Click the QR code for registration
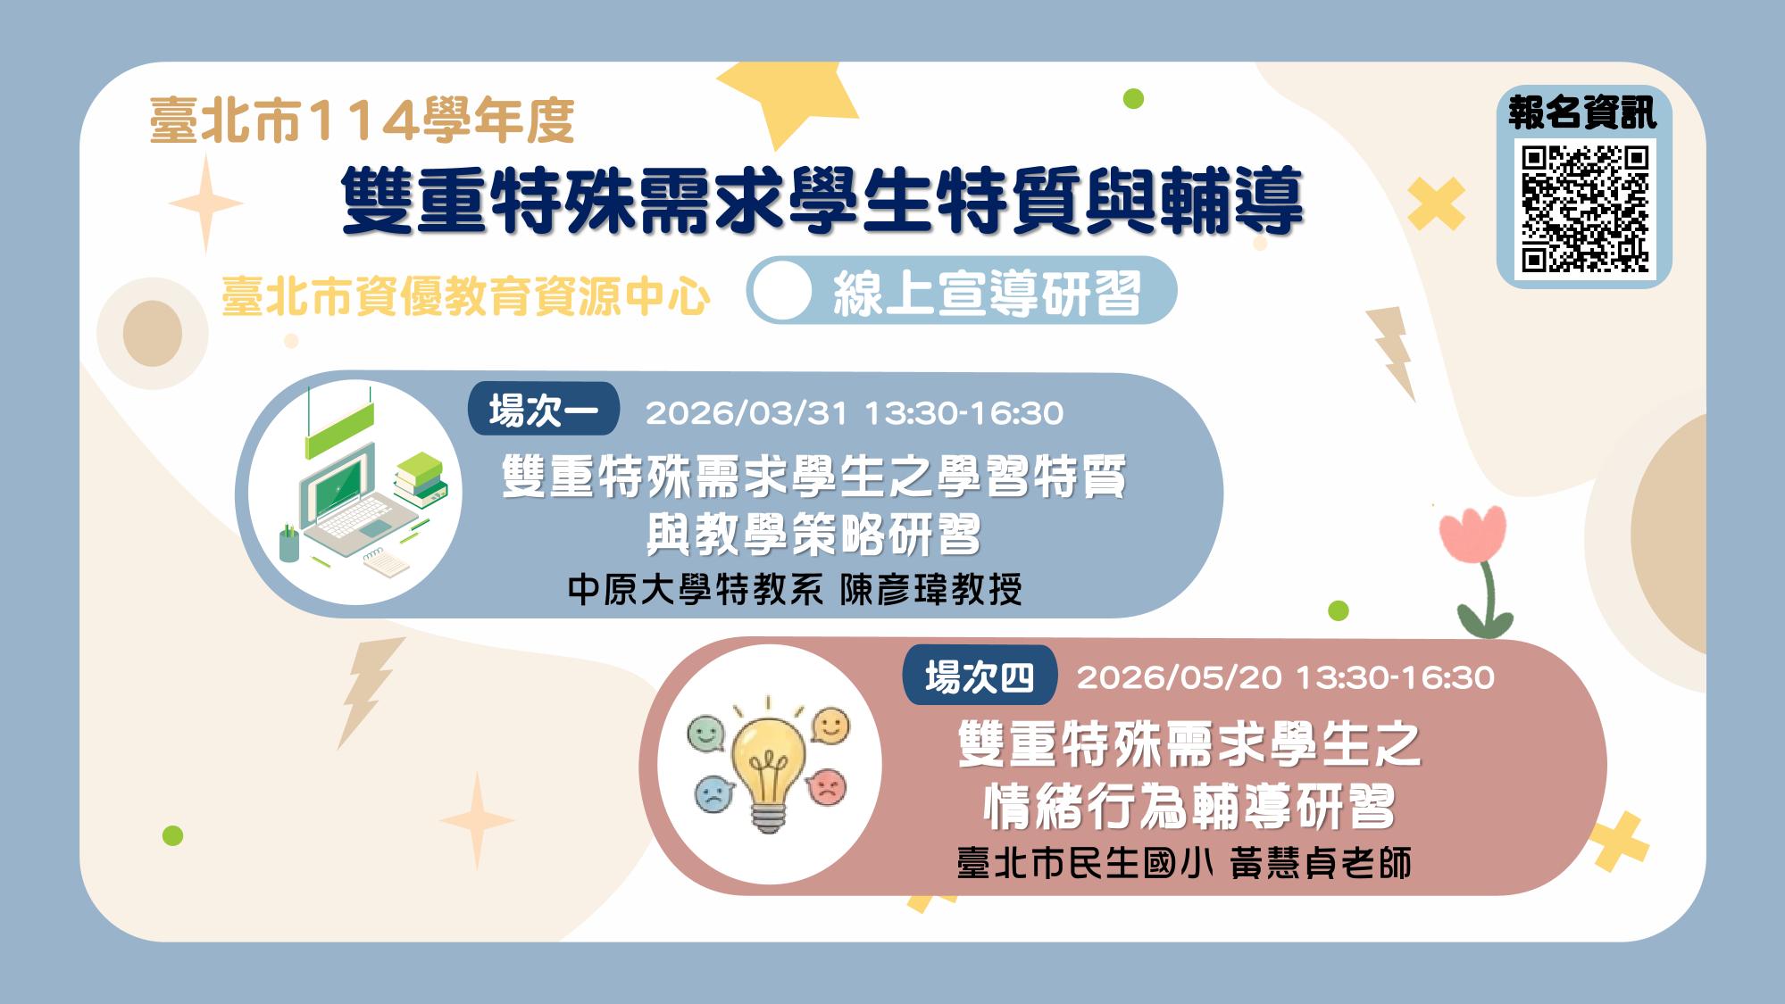point(1583,209)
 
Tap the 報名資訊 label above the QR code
point(1582,113)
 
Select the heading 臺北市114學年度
point(362,120)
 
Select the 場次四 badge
point(979,677)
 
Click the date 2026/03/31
point(746,413)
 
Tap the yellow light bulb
point(768,768)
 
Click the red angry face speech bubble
point(827,785)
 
